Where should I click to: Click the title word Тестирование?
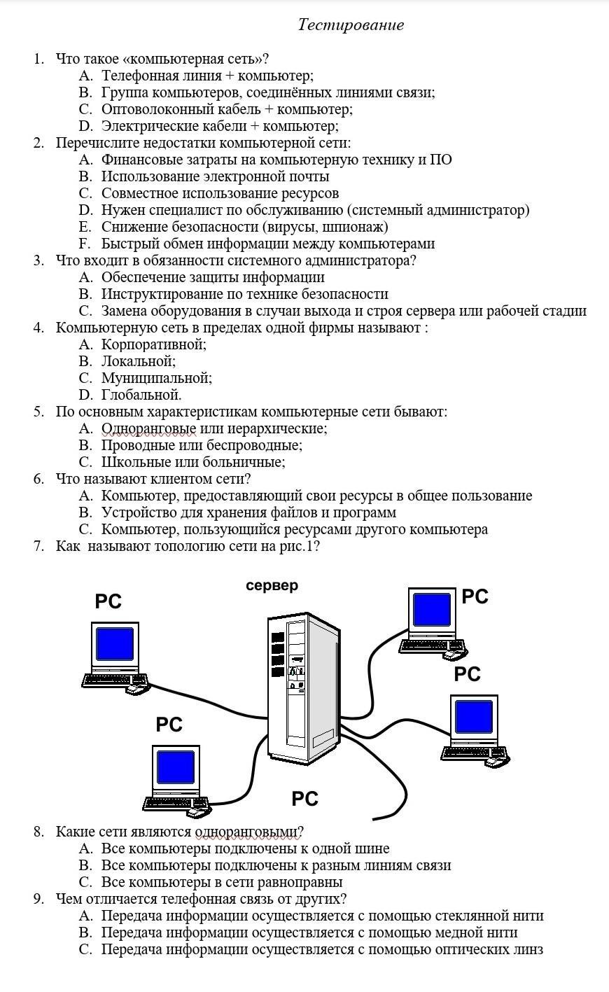pyautogui.click(x=351, y=25)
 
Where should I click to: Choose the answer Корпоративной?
pyautogui.click(x=154, y=344)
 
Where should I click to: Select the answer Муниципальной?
pyautogui.click(x=157, y=378)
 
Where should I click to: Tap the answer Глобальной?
pyautogui.click(x=141, y=395)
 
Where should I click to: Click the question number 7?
pyautogui.click(x=38, y=546)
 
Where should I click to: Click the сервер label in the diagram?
pyautogui.click(x=272, y=585)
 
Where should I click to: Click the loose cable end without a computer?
pyautogui.click(x=375, y=819)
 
